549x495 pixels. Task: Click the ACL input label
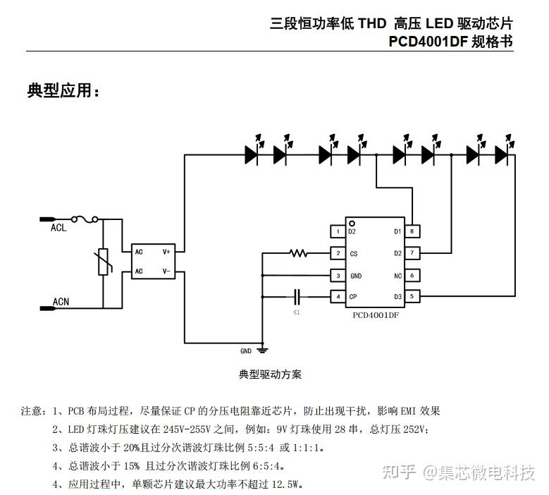[x=58, y=228]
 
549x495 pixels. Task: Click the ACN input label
[x=61, y=302]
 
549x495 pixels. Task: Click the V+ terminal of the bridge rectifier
[x=166, y=251]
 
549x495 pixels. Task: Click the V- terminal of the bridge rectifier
[x=166, y=271]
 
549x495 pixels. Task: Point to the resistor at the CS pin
[x=298, y=253]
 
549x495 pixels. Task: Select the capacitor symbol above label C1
[x=297, y=296]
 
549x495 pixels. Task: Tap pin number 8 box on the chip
[x=412, y=231]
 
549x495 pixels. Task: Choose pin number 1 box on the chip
[x=338, y=231]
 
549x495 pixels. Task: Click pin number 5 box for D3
[x=412, y=296]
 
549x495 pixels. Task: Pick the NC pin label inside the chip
[x=397, y=275]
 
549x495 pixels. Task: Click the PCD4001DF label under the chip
[x=377, y=317]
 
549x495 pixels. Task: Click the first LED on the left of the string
[x=252, y=152]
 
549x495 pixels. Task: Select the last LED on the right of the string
[x=502, y=152]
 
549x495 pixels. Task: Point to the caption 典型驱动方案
[x=271, y=374]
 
